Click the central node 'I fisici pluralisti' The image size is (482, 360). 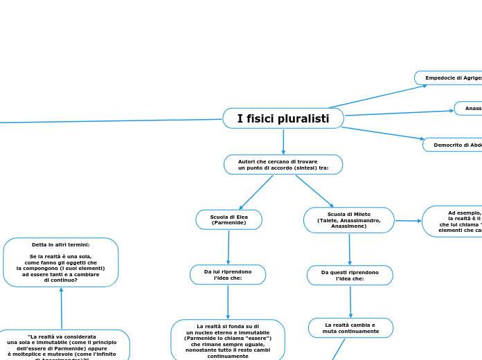point(283,118)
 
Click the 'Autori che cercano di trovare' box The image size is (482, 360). point(283,165)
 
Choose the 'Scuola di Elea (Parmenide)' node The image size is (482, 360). point(229,219)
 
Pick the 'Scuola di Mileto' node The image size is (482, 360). point(348,220)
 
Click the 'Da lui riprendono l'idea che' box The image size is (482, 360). point(228,275)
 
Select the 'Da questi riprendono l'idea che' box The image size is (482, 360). point(350,276)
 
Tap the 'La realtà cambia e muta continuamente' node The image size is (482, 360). point(350,328)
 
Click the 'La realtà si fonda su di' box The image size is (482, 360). point(228,340)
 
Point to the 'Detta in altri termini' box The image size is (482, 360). point(61,262)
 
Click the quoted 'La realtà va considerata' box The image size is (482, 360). point(62,345)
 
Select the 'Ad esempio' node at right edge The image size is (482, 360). point(454,222)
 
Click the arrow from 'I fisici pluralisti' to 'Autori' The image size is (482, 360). point(283,142)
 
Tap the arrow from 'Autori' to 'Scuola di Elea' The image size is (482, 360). point(256,192)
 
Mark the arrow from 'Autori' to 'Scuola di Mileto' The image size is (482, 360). point(314,191)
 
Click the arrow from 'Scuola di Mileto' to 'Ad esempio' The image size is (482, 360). point(409,221)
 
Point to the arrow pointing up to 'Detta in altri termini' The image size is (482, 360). point(61,308)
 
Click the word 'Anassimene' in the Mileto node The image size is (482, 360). point(348,226)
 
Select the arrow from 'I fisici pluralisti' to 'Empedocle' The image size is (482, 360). point(378,96)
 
